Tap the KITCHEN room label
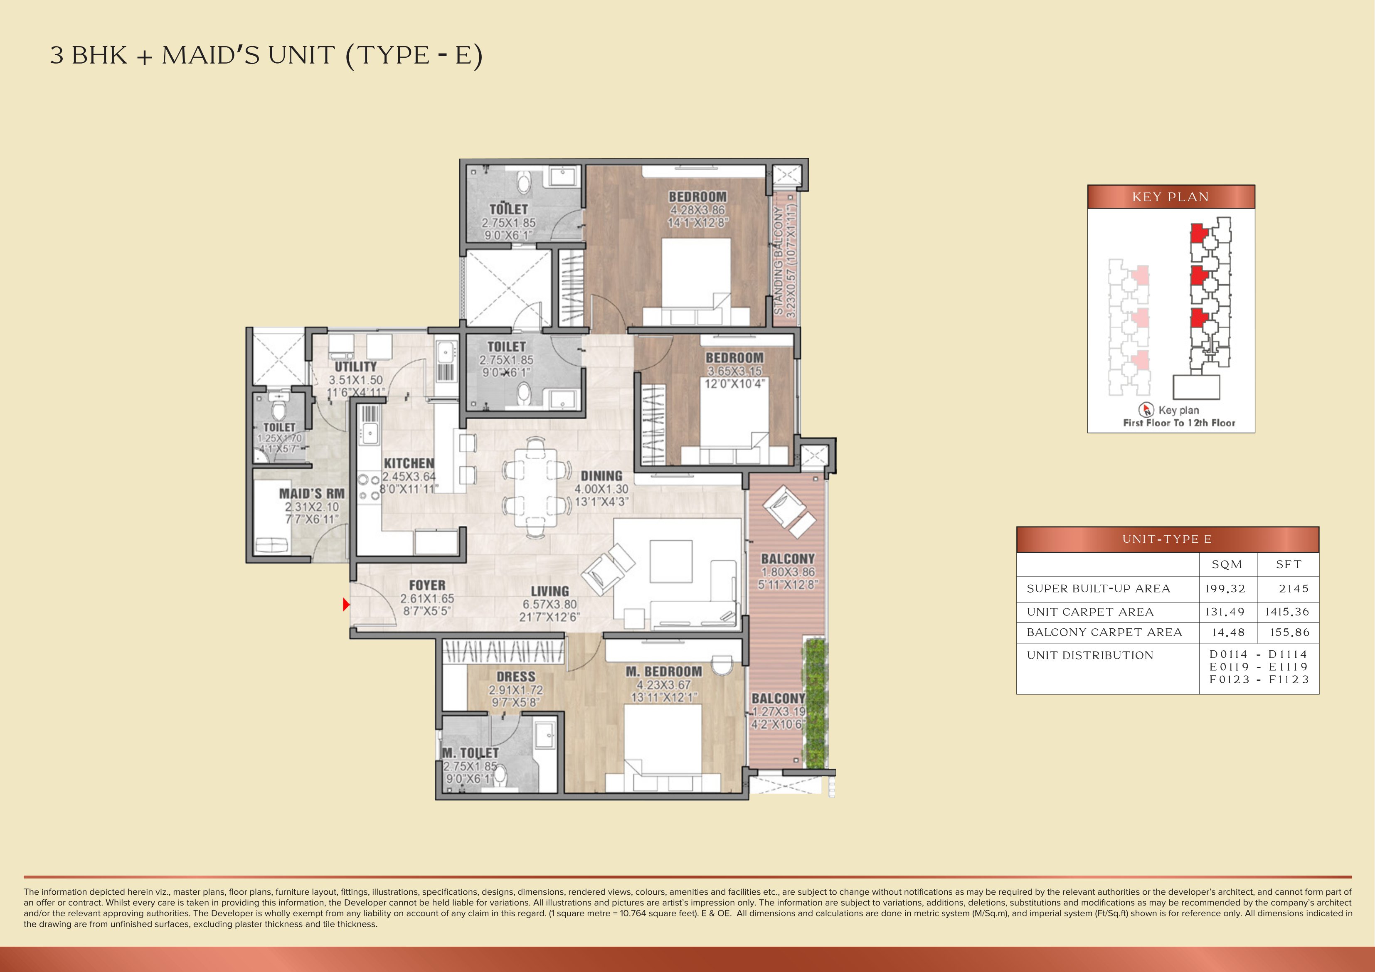pos(409,463)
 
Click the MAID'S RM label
pos(311,494)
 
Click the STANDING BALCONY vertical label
pos(778,261)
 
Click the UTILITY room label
pos(356,367)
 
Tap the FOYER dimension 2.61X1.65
pos(427,598)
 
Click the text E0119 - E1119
pos(1258,667)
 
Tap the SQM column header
pos(1227,564)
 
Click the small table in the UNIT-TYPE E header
pos(1167,539)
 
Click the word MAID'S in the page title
pos(210,56)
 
